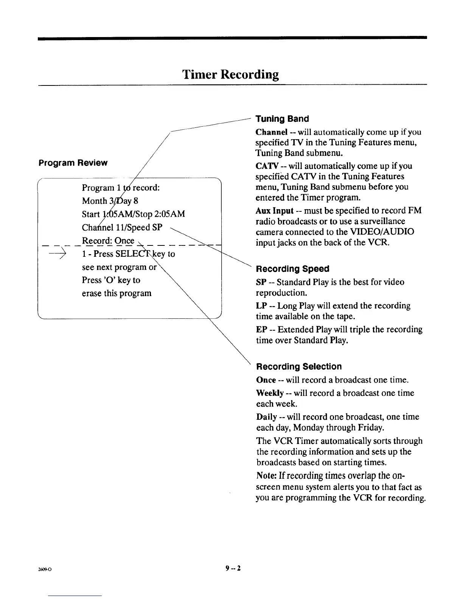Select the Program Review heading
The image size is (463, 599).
[73, 163]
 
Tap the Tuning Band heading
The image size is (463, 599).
[282, 119]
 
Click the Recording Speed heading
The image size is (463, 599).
[293, 269]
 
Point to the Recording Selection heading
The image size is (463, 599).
[299, 367]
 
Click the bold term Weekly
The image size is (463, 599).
[270, 393]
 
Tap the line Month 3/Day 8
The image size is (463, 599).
[110, 201]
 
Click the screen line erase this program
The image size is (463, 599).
[117, 293]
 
